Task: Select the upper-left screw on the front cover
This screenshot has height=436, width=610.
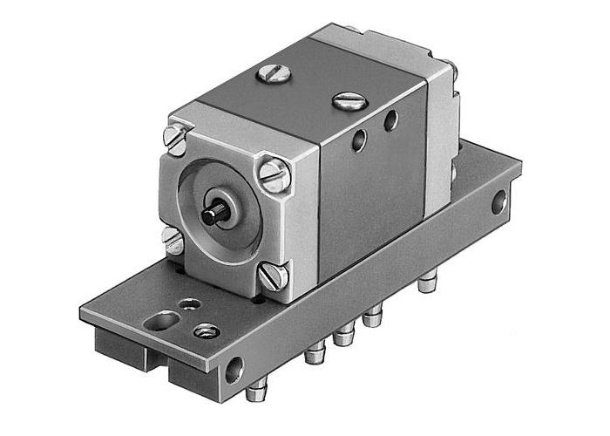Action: [177, 139]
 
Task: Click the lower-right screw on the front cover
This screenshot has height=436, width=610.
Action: [273, 277]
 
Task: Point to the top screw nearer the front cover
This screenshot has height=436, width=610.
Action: [271, 76]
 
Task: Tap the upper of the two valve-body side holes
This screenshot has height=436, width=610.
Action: [391, 119]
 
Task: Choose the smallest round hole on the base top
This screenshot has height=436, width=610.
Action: [188, 303]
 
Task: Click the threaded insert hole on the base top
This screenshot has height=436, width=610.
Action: [207, 330]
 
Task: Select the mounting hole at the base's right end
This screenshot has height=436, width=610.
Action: [498, 204]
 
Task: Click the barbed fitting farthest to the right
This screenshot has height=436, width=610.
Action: [425, 283]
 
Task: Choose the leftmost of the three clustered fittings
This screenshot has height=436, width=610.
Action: [314, 351]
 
